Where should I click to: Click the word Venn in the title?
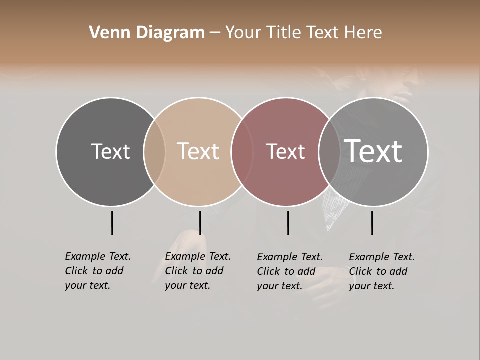point(105,33)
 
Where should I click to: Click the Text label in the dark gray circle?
point(110,151)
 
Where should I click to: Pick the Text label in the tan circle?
point(198,151)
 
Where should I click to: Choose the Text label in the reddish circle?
point(285,152)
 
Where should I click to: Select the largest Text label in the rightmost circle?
point(373,151)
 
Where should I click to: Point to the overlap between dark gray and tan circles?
point(154,152)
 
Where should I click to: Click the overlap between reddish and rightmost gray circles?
point(329,152)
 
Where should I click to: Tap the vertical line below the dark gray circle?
point(112,223)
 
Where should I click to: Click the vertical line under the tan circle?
point(200,223)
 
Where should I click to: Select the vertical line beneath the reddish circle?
point(288,223)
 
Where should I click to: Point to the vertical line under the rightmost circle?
point(372,223)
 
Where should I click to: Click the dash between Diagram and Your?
point(215,33)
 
